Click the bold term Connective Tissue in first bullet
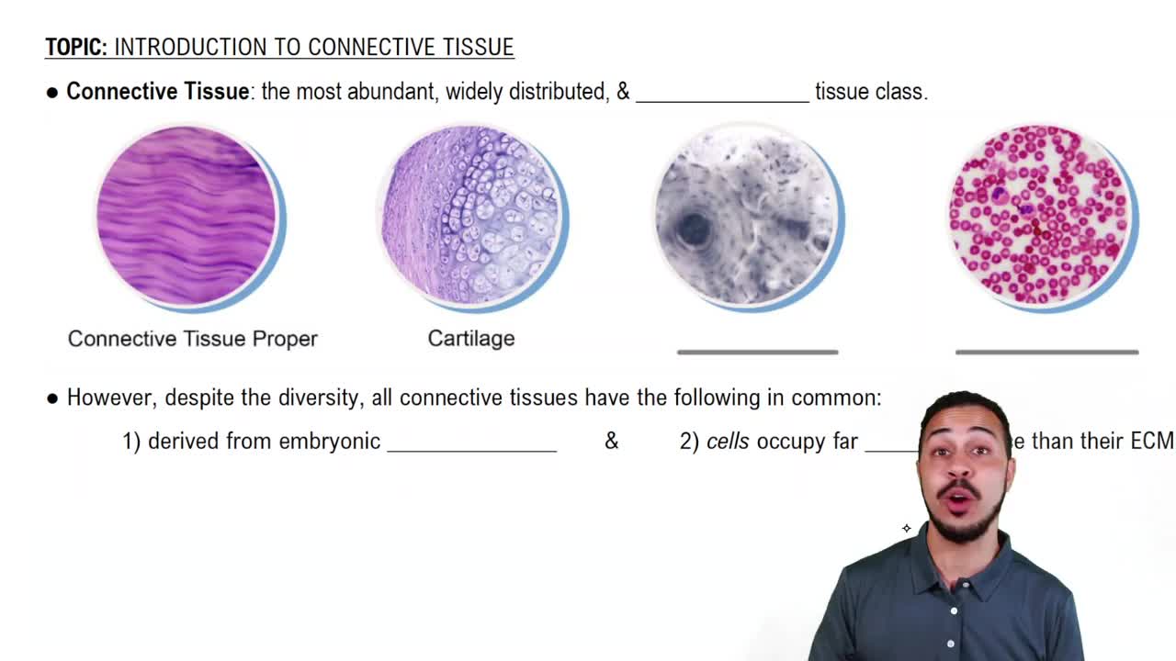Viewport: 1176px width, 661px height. (157, 92)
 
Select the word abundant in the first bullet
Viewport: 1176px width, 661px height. (392, 92)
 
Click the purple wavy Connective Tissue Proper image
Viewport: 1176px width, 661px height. (187, 216)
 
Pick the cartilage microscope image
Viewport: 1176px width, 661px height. (470, 216)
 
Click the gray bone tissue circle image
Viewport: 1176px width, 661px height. (746, 216)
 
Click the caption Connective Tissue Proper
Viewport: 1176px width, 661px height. (193, 339)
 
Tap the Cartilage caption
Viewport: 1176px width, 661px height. (470, 339)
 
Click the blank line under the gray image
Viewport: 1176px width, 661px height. (757, 352)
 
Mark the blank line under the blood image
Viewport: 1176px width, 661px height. (1046, 352)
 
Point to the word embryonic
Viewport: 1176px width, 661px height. (329, 442)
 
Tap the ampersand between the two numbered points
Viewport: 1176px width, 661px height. (611, 442)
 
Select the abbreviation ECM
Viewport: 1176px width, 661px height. (1151, 442)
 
